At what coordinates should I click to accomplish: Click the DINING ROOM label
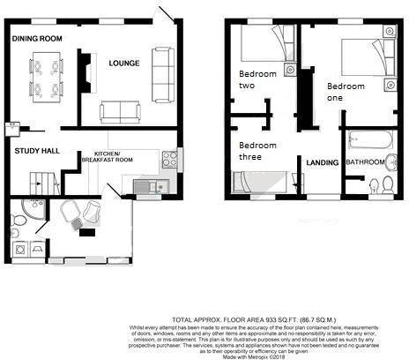tap(37, 39)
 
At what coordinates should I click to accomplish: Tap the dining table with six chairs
tap(46, 77)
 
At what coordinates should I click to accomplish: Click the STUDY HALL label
tap(37, 151)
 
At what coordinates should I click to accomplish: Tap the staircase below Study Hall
tap(40, 183)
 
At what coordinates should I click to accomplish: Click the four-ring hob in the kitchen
tap(169, 160)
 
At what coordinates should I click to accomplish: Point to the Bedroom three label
tap(257, 151)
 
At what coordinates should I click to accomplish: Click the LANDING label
tap(322, 163)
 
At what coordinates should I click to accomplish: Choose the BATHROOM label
tap(365, 162)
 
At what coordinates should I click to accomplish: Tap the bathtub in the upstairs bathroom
tap(369, 139)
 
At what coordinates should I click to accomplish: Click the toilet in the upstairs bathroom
tap(375, 184)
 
